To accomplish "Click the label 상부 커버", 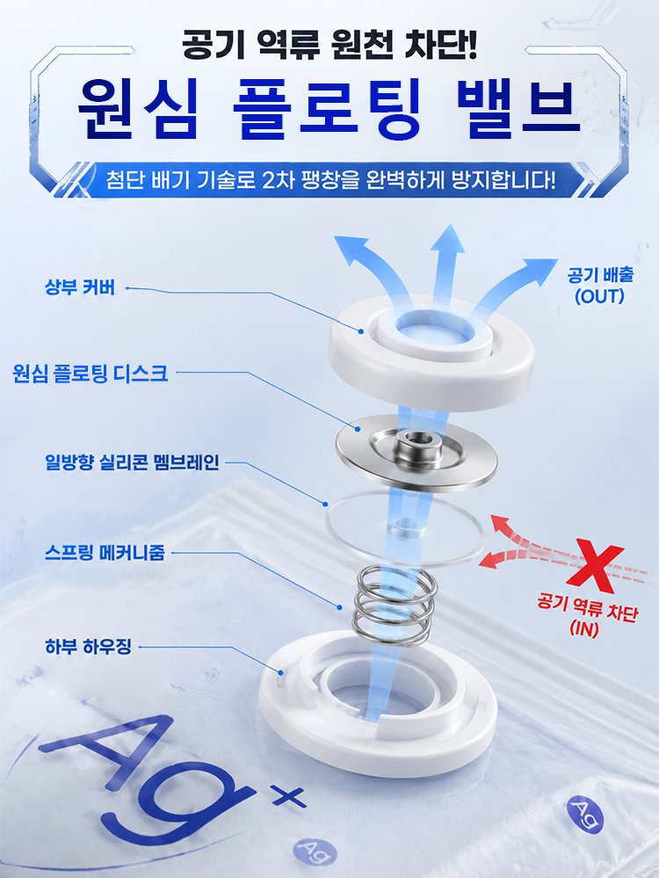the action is [79, 287].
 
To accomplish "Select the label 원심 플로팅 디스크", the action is [90, 373].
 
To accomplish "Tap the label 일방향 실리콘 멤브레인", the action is [132, 462].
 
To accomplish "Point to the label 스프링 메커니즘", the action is [105, 553].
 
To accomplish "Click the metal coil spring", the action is [391, 606].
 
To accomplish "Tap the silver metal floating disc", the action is [416, 453].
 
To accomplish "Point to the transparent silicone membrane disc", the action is [403, 526].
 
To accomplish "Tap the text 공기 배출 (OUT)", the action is [599, 286].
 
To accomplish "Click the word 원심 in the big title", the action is [138, 110].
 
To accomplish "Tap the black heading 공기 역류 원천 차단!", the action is [329, 45].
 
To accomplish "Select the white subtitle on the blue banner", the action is [330, 180].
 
